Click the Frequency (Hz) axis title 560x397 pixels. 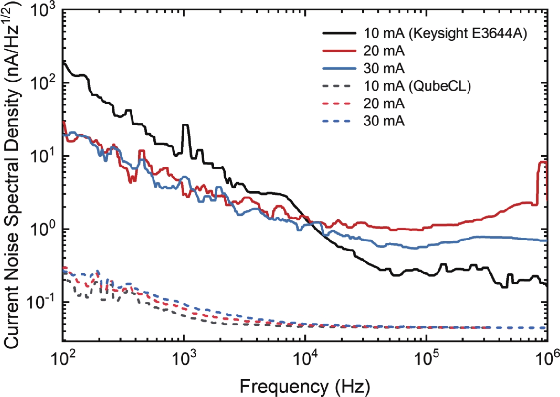[x=305, y=386]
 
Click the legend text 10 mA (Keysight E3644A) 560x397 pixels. [x=445, y=33]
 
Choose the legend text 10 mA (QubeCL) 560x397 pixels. [x=417, y=86]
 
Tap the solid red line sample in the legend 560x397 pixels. [x=339, y=51]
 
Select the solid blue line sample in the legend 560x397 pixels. [x=339, y=68]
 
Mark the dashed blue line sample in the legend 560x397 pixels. [x=337, y=121]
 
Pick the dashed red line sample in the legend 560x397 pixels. [x=337, y=103]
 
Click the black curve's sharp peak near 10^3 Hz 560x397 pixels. [x=185, y=125]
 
